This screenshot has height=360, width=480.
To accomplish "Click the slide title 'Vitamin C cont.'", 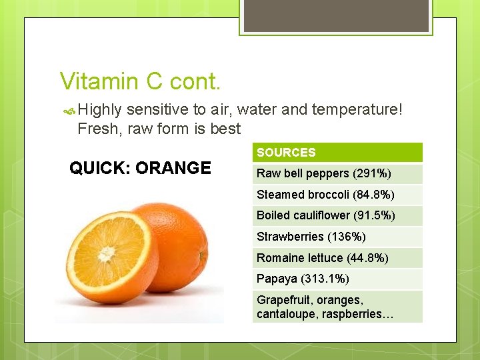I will tap(139, 81).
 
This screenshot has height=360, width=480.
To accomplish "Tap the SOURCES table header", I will tap(286, 153).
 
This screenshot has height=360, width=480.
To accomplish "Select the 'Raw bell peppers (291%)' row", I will tap(323, 174).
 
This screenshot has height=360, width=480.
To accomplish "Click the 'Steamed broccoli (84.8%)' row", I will tap(325, 195).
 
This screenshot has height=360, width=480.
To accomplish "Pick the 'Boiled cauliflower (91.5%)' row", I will tap(325, 215).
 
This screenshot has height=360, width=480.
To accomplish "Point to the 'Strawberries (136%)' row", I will tap(311, 237).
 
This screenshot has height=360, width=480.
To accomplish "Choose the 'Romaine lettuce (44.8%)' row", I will tap(322, 257).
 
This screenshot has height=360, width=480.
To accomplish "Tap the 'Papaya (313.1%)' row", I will tap(303, 279).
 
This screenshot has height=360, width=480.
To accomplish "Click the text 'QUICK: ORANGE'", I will tap(140, 168).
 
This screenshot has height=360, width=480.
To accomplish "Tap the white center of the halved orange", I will tap(107, 254).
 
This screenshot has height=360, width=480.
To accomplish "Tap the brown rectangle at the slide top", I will tap(335, 15).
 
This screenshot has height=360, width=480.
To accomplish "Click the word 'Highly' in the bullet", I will tap(100, 109).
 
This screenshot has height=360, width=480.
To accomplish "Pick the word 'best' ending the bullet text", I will tap(225, 129).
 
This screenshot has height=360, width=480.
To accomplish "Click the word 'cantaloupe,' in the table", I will tap(283, 314).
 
